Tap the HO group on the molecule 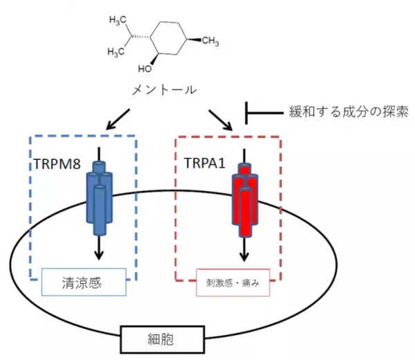click(144, 69)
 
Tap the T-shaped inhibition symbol click(249, 111)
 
